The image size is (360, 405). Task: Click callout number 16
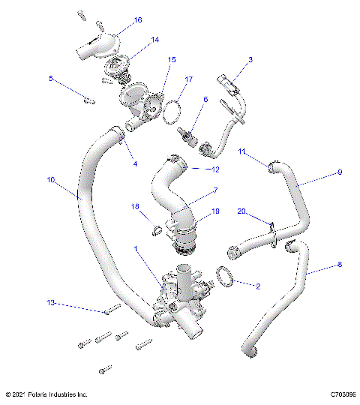[x=137, y=20]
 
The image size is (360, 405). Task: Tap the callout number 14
[x=154, y=40]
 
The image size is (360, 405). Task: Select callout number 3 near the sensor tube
[x=250, y=59]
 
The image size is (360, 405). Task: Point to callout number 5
[x=51, y=78]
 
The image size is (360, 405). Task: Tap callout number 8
[x=339, y=264]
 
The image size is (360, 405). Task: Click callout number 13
[x=51, y=303]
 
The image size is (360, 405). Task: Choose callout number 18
[x=136, y=206]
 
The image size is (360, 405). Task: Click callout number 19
[x=215, y=211]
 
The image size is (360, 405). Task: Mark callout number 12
[x=215, y=169]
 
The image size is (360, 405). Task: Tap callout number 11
[x=242, y=152]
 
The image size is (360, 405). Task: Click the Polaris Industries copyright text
[x=46, y=394]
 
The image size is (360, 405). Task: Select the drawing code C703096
[x=337, y=394]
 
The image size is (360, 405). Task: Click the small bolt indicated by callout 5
[x=89, y=99]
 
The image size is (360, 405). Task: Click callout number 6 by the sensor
[x=205, y=99]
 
